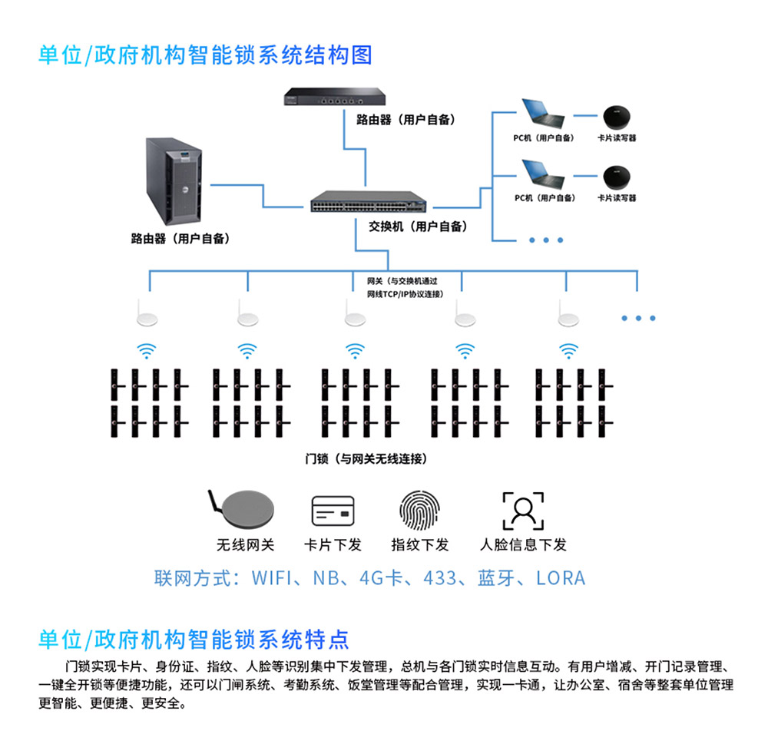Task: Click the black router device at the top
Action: [x=328, y=98]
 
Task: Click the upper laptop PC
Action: [x=542, y=114]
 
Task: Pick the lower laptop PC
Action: [x=542, y=174]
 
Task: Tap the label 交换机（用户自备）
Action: [x=418, y=227]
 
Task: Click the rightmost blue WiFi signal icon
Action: [x=568, y=351]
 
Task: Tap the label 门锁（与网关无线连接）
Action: [x=366, y=459]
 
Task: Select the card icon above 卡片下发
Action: [x=333, y=511]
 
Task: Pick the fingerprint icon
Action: [x=419, y=509]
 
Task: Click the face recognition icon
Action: [x=523, y=510]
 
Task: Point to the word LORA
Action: [x=561, y=577]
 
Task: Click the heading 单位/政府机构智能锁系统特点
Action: [x=194, y=639]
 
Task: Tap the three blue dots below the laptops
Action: [x=547, y=240]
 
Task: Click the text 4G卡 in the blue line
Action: [x=382, y=577]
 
